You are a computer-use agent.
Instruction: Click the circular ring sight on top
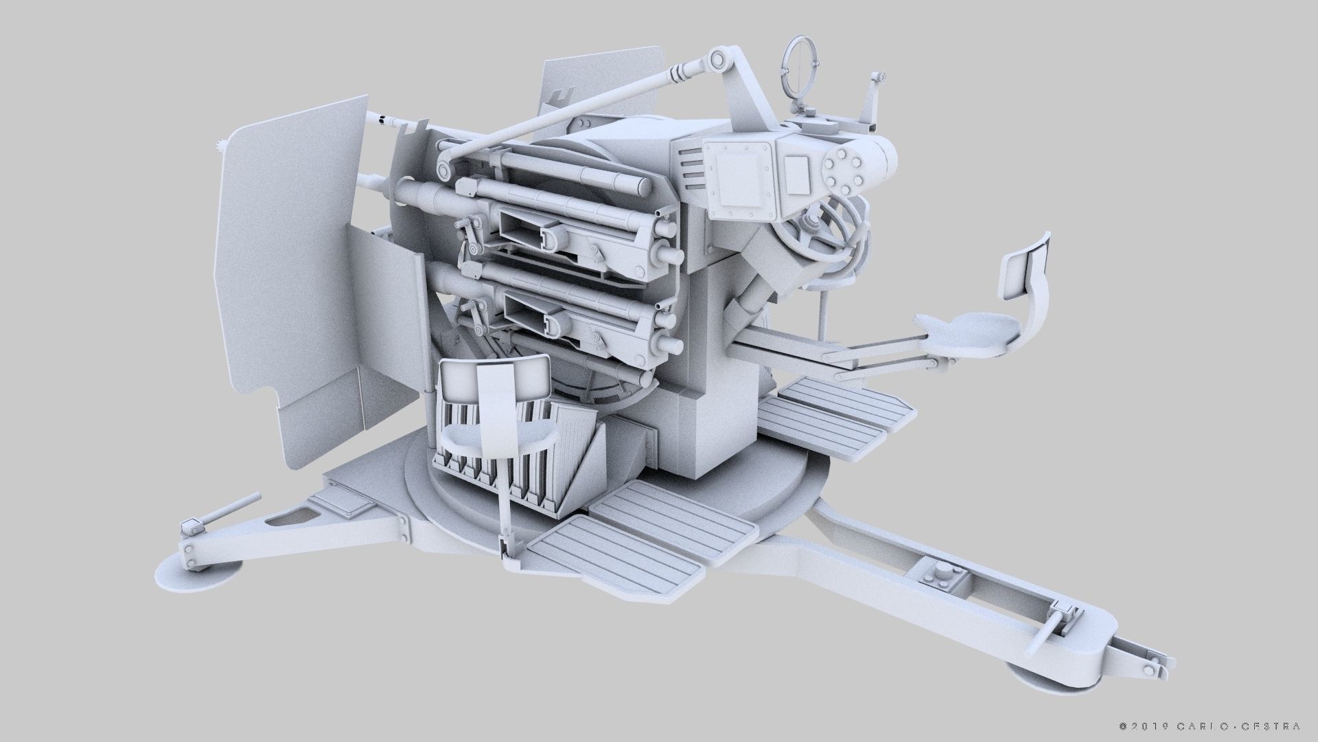point(798,60)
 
